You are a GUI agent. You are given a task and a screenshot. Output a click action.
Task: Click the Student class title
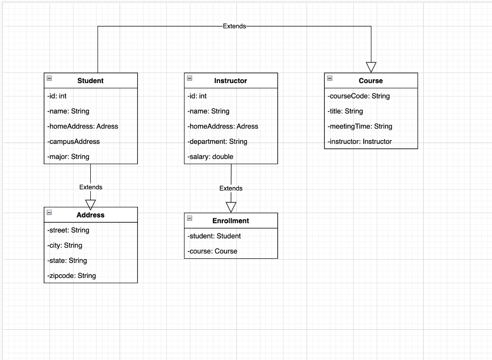click(90, 81)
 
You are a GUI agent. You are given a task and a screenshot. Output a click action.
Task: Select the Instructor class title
click(231, 81)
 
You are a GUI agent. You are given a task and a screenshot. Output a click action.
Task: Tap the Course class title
click(370, 81)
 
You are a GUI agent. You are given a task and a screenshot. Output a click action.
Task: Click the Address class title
click(90, 215)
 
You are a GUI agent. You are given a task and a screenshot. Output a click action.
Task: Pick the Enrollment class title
click(231, 221)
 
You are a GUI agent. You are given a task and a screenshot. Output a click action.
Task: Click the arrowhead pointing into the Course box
click(371, 67)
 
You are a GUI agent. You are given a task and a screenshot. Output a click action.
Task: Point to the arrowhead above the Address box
click(90, 204)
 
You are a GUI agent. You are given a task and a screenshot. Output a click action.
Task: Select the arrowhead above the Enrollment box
click(231, 207)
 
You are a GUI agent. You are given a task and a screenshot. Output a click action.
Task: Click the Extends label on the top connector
click(234, 26)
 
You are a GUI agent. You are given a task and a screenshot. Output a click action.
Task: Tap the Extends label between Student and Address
click(91, 187)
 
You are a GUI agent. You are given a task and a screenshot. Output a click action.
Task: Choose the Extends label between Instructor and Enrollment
click(231, 188)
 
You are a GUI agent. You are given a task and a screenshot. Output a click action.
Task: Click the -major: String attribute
click(68, 156)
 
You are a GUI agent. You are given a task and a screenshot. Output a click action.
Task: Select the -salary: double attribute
click(210, 156)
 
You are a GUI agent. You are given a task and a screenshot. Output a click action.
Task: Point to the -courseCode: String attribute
click(359, 96)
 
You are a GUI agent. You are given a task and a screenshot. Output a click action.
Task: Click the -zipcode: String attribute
click(72, 276)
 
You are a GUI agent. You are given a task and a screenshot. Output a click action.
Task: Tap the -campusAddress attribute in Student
click(74, 142)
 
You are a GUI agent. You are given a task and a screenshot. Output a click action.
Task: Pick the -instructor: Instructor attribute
click(360, 142)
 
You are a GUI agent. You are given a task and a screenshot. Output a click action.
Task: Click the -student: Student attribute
click(214, 236)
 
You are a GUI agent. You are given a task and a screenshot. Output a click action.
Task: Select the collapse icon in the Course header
click(330, 78)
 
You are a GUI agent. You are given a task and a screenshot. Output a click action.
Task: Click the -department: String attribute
click(217, 142)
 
